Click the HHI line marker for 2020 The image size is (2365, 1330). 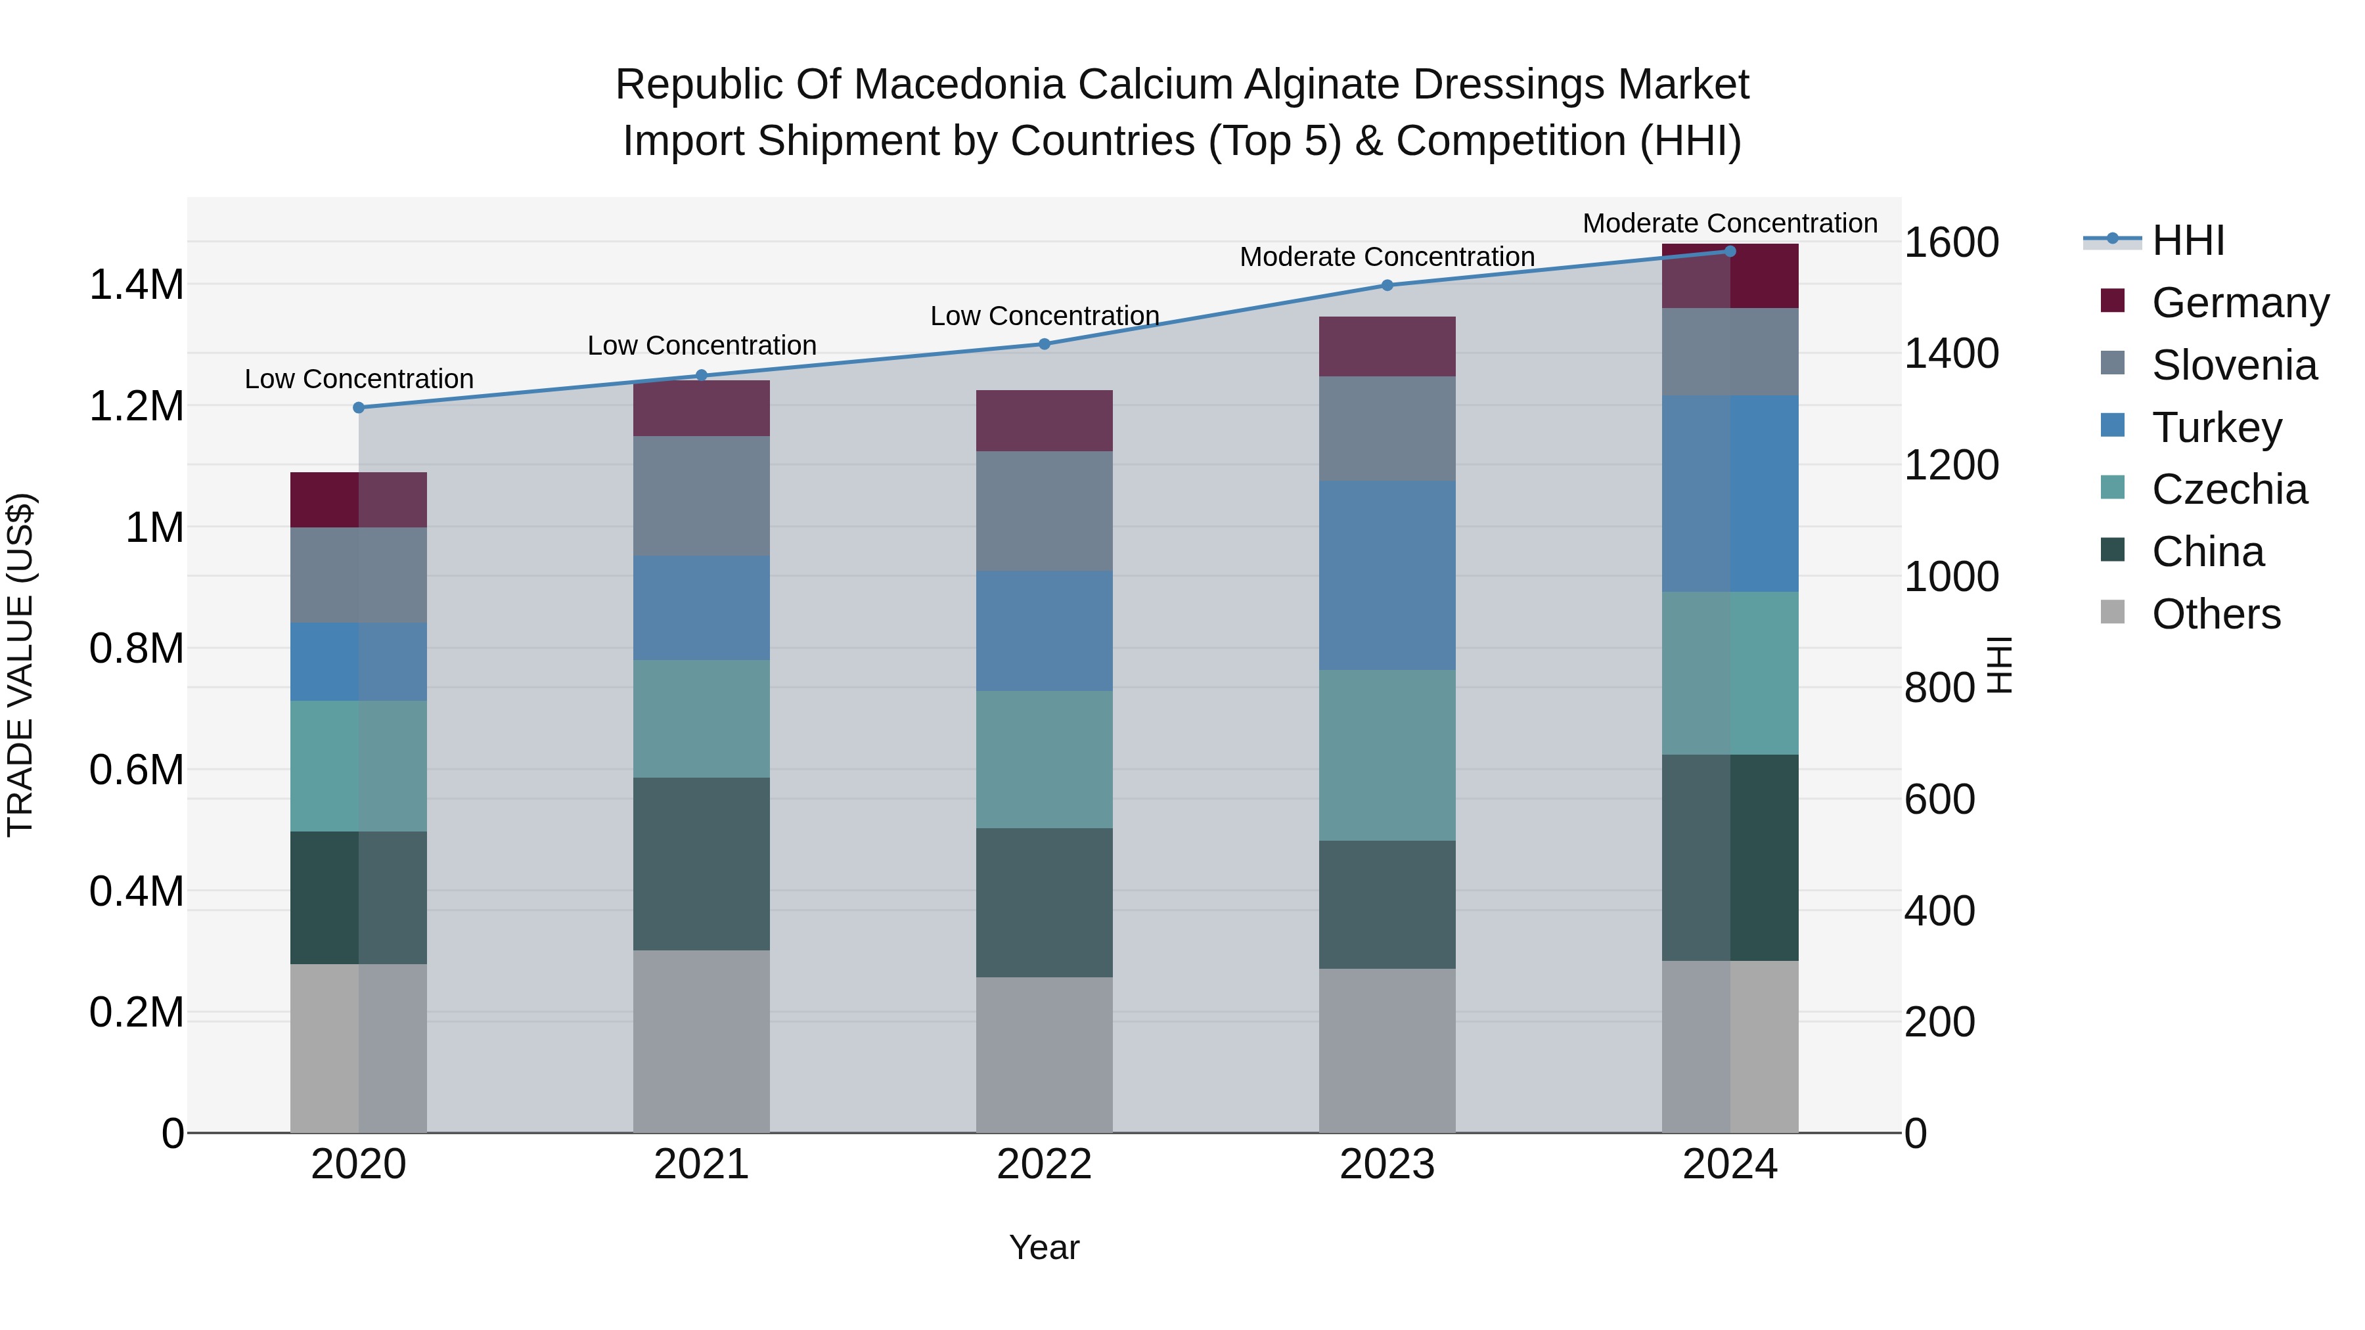tap(359, 407)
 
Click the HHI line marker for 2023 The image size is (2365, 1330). tap(1387, 286)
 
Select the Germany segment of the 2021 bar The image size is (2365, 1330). tap(702, 409)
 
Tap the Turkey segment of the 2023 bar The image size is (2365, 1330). tap(1387, 575)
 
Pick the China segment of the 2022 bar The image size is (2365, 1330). tap(1044, 902)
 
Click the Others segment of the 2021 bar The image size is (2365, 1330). tap(702, 1041)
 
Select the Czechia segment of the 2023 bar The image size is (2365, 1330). tap(1387, 755)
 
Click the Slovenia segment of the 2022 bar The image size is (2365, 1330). tap(1044, 511)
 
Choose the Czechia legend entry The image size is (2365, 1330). tap(2228, 489)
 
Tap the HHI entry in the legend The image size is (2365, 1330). tap(2187, 240)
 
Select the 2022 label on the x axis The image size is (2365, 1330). tap(1044, 1164)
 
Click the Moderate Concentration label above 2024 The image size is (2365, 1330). tap(1730, 223)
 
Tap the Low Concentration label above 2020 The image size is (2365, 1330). tap(359, 378)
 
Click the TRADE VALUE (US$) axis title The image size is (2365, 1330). tap(20, 665)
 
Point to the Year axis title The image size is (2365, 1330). tap(1044, 1247)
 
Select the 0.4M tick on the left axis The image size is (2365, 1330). tap(137, 891)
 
